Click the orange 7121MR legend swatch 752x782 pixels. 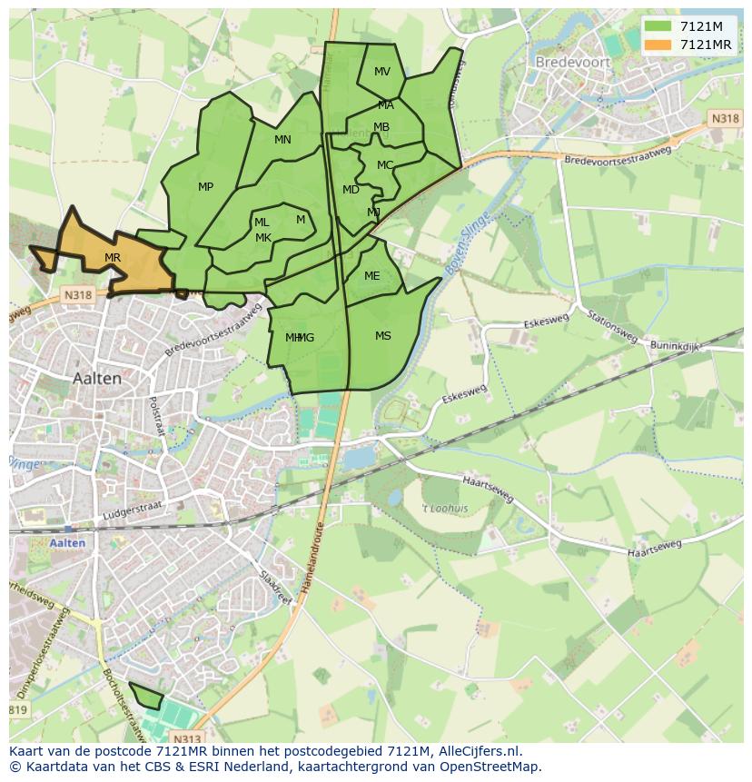coord(658,45)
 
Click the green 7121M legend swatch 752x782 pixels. coord(658,25)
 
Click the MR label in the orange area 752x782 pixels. coord(113,258)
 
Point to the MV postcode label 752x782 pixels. coord(382,72)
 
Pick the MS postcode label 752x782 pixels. coord(383,336)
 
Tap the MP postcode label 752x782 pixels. coord(206,187)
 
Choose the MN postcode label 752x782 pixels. coord(282,140)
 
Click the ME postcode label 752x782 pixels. coord(372,276)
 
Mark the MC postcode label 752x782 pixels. coord(385,165)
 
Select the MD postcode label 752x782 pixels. coord(351,190)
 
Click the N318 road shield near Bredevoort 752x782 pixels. coord(724,119)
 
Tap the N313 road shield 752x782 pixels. coord(186,738)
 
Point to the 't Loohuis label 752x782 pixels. coord(445,509)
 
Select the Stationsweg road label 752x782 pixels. coord(611,329)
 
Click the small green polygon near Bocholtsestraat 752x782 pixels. coord(146,697)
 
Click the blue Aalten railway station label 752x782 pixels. coord(68,543)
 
